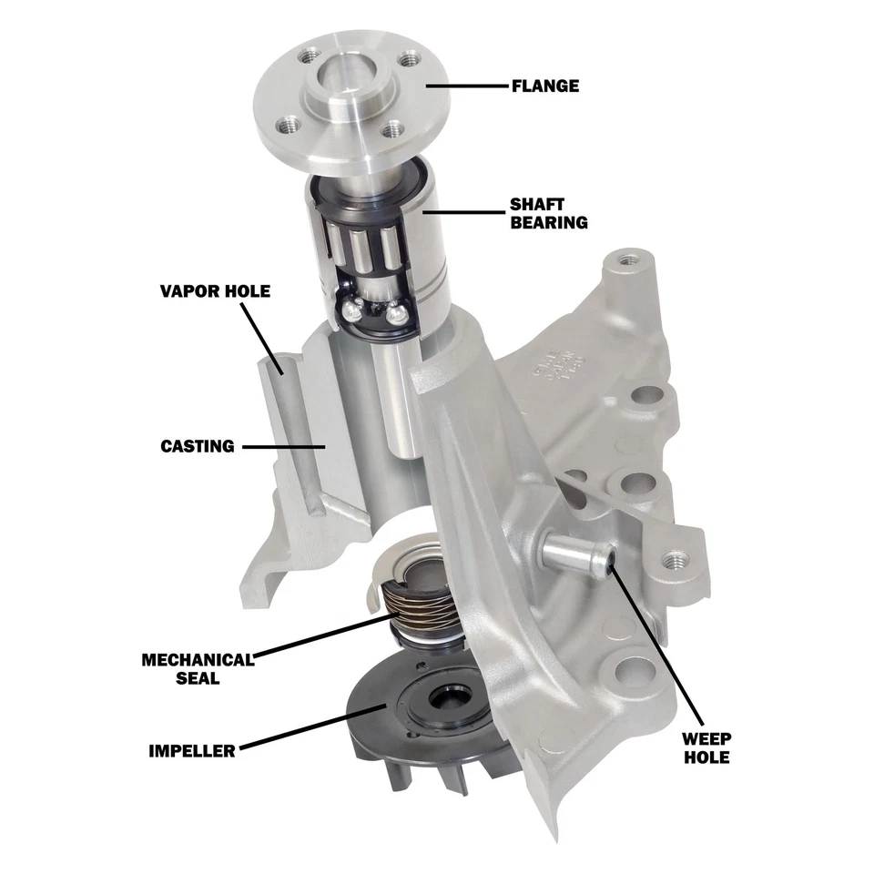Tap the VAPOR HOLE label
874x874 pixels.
(215, 291)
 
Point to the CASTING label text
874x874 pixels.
(198, 446)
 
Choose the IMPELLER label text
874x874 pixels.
(192, 751)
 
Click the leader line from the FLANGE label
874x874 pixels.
(464, 86)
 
